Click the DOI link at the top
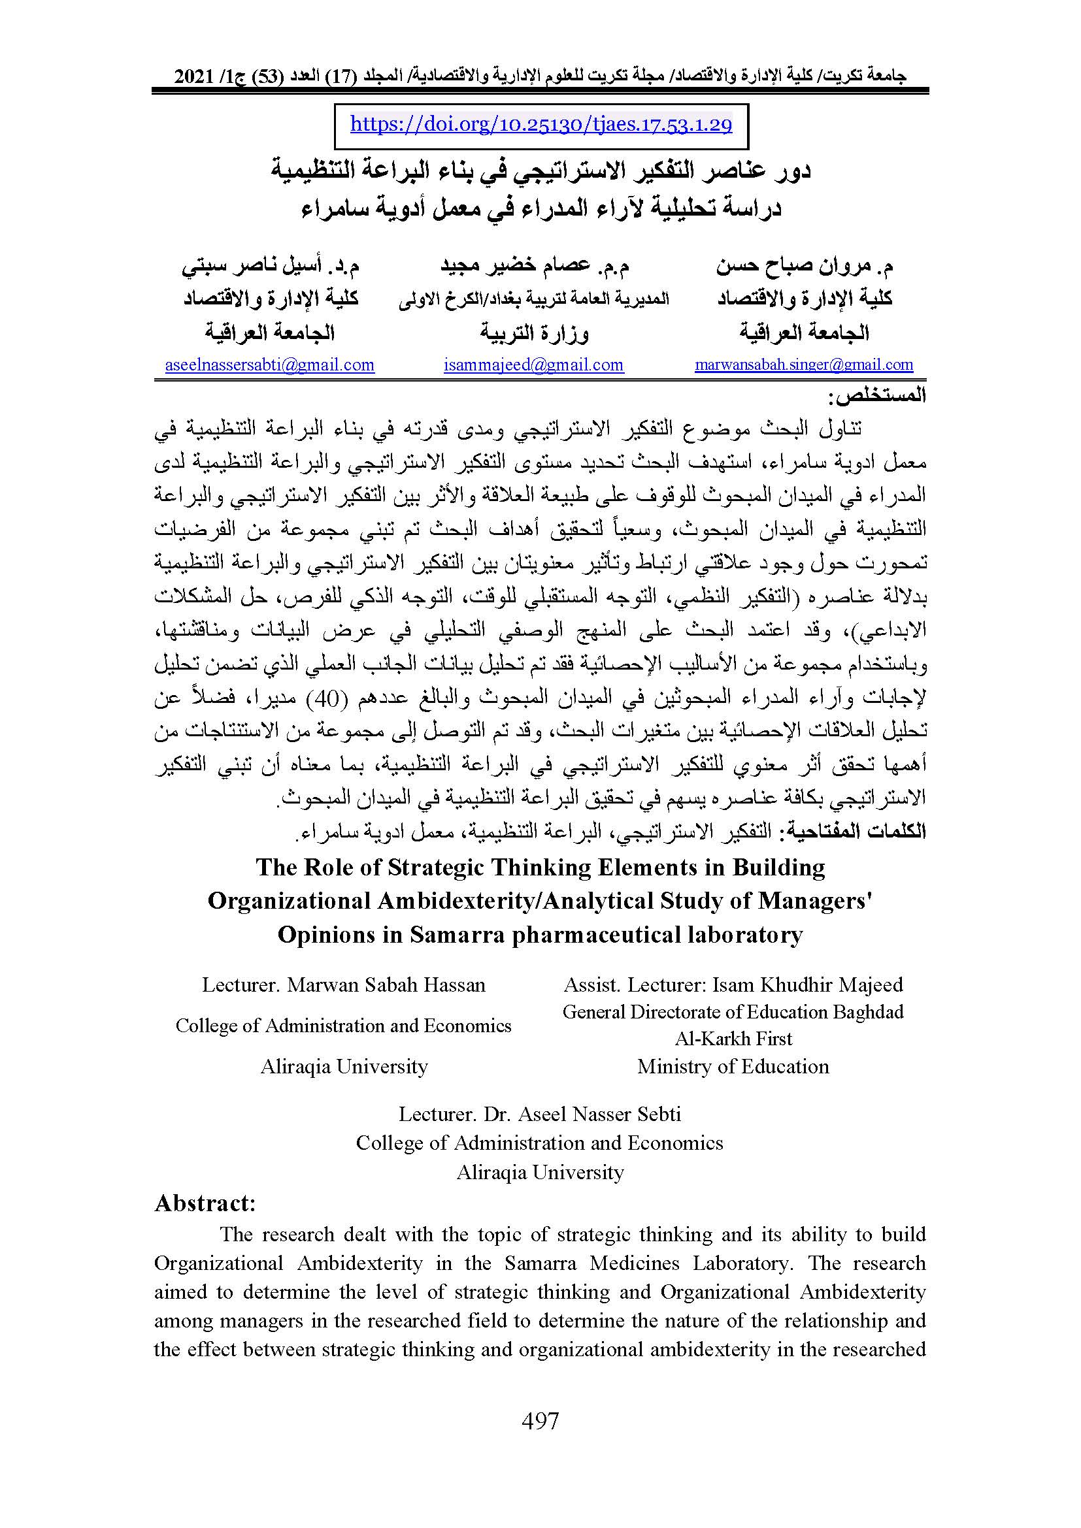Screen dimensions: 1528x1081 coord(540,125)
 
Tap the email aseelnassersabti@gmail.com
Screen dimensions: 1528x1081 coord(269,365)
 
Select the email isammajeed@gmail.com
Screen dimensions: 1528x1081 coord(534,365)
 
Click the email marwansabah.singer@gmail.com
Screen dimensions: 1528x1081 coord(803,365)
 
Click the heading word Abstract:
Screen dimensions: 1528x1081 coord(205,1203)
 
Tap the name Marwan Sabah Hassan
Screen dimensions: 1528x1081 coord(386,985)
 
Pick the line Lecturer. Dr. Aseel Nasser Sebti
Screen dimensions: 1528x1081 coord(540,1114)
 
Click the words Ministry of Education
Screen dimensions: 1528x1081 coord(733,1066)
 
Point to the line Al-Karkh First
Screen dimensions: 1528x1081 coord(733,1039)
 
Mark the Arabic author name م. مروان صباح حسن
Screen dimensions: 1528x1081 coord(805,267)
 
